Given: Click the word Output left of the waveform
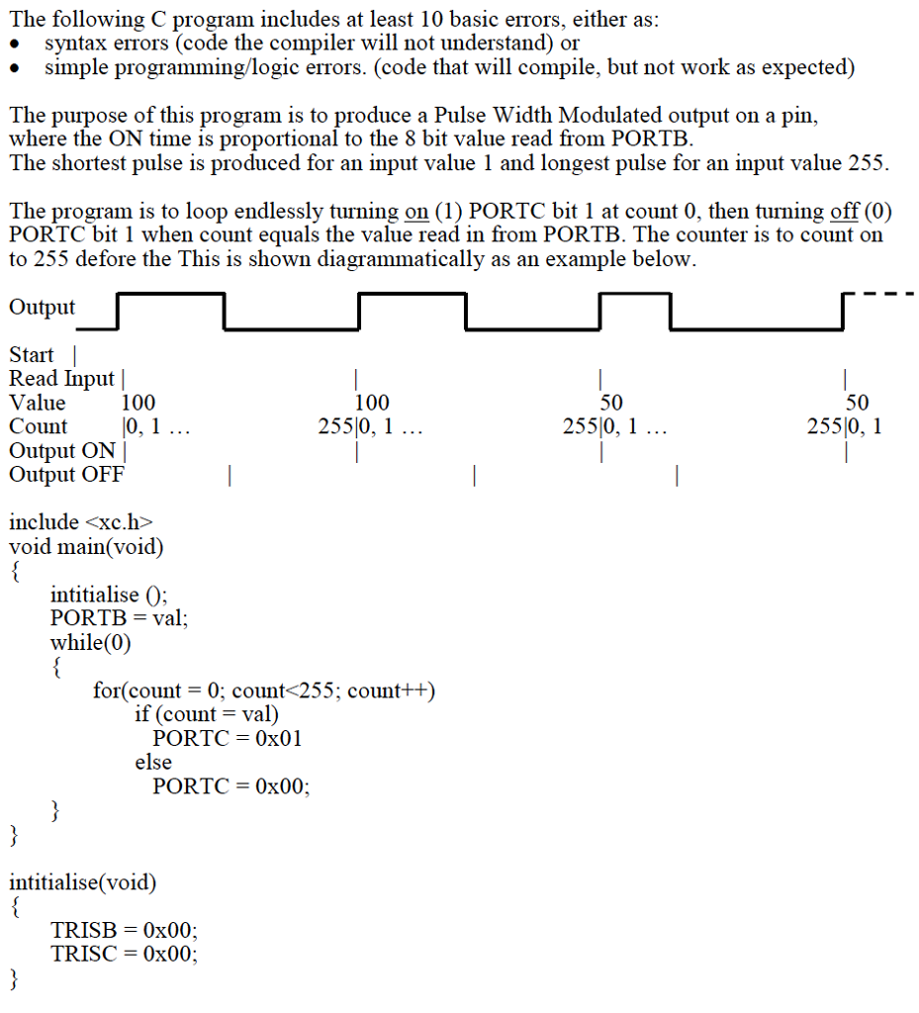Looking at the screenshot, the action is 42,307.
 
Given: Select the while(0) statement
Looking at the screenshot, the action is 90,642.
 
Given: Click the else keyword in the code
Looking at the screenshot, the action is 153,762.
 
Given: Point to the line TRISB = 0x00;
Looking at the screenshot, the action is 124,930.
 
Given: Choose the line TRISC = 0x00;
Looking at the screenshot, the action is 124,954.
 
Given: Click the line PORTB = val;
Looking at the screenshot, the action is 119,618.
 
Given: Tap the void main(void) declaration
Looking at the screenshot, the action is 87,546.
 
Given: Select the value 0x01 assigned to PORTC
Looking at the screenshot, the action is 279,738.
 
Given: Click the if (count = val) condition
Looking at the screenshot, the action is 207,713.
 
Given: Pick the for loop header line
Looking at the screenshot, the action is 264,690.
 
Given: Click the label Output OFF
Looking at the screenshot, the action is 66,474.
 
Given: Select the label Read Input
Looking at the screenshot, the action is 61,378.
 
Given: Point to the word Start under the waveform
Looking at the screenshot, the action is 32,354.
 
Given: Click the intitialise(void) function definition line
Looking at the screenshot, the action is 82,881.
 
